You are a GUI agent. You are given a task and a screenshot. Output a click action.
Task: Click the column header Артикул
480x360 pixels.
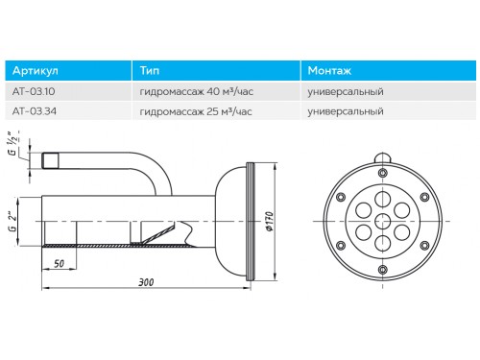(36, 71)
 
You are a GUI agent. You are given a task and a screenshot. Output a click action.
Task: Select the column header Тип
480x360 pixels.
(150, 70)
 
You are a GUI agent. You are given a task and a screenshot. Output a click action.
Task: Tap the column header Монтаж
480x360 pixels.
(329, 70)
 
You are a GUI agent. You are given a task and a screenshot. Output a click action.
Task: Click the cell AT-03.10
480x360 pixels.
(34, 91)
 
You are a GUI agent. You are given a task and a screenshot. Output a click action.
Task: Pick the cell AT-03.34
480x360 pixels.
(35, 111)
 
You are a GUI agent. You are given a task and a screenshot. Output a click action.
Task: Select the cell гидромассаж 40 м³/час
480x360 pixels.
(197, 92)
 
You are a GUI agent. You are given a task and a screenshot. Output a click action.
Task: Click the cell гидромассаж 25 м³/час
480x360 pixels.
(196, 111)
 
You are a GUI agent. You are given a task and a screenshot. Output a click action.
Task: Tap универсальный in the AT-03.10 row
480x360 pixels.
(346, 92)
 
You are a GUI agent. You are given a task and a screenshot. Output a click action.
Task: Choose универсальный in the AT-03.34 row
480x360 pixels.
(346, 111)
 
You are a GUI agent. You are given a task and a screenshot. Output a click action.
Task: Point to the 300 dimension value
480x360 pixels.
(146, 282)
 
